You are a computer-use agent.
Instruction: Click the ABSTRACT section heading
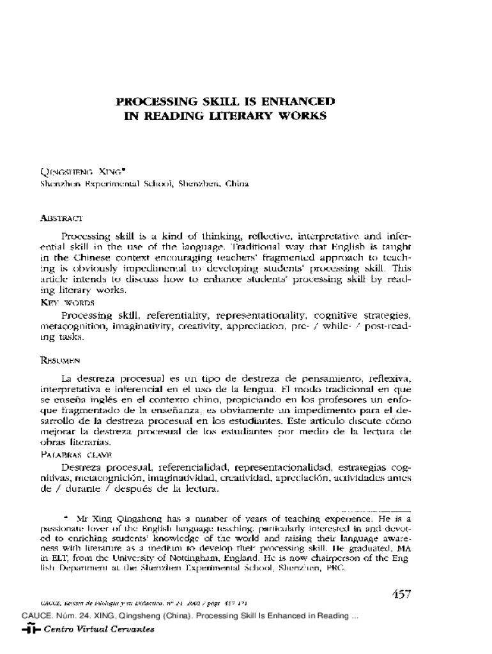pos(60,218)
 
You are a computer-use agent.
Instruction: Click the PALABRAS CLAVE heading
pos(76,454)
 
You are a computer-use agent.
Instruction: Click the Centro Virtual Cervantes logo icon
pos(30,629)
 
